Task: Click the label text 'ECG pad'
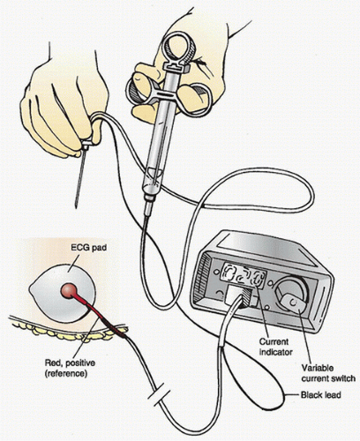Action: coord(88,248)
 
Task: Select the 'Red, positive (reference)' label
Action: coord(70,368)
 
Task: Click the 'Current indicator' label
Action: coord(275,347)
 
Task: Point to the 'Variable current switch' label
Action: coord(328,373)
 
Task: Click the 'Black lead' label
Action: coord(320,395)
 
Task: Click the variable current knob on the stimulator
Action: coord(292,295)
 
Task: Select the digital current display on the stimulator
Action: coord(243,276)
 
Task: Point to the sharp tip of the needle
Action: coord(76,207)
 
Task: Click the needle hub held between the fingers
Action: coord(86,145)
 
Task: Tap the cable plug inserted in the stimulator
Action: coord(240,296)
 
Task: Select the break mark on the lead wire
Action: coord(159,397)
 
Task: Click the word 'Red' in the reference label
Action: coord(52,363)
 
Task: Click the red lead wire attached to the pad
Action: coord(100,315)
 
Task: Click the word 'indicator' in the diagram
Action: coord(275,352)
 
